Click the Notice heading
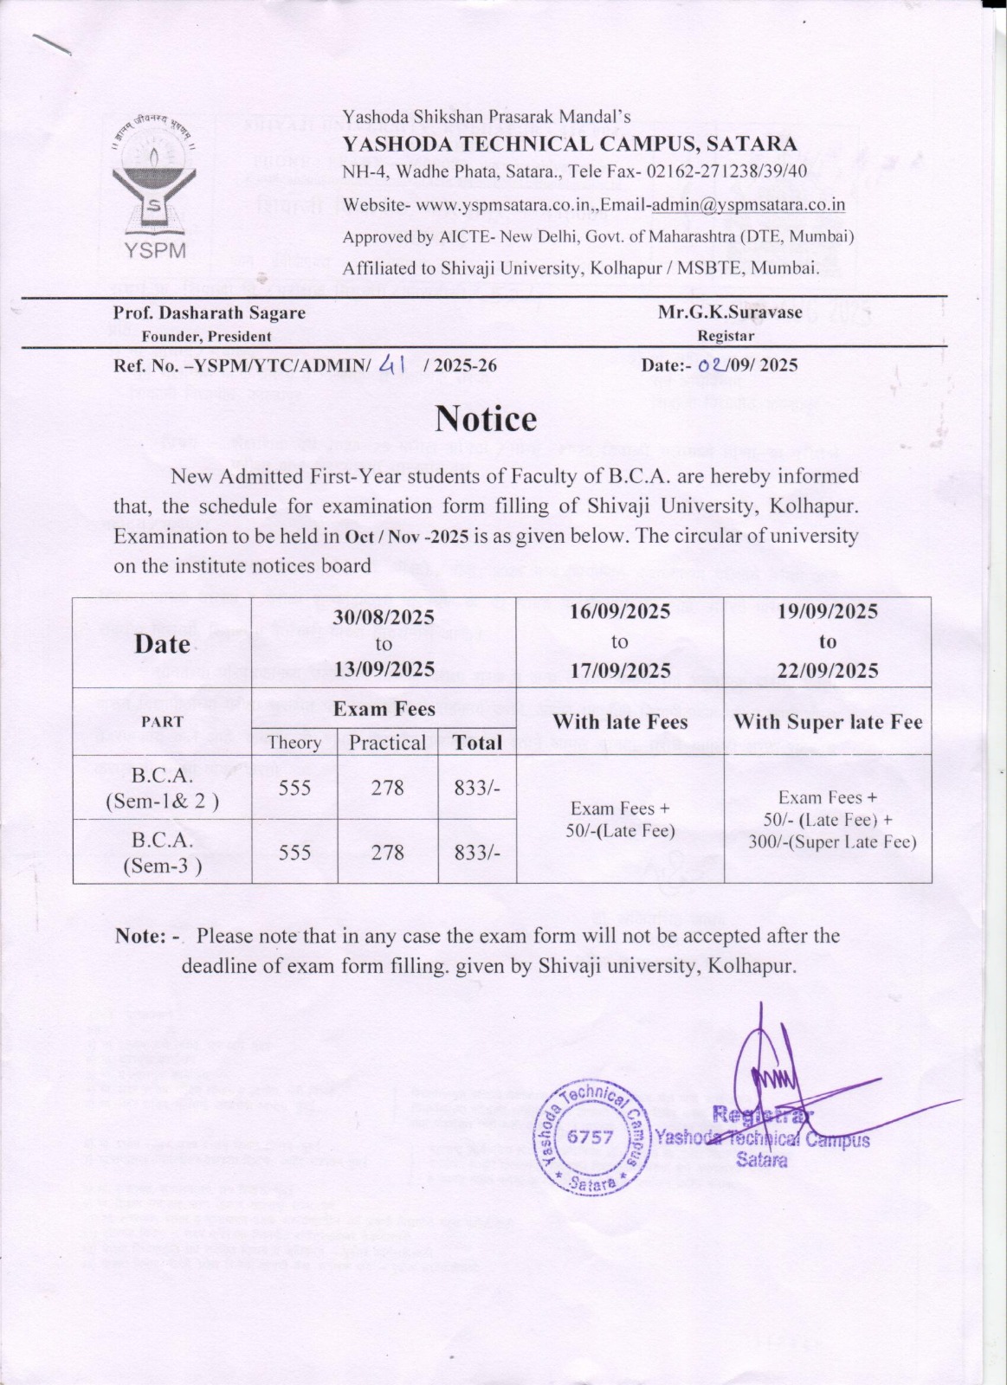[x=486, y=419]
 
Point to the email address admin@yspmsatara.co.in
[x=748, y=205]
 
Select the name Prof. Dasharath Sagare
[x=209, y=313]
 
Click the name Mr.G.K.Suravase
[x=729, y=312]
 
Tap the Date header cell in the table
[x=162, y=643]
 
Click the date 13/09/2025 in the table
[x=384, y=669]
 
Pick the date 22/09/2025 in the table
[x=827, y=671]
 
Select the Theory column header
[x=294, y=742]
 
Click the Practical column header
[x=387, y=742]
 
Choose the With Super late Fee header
[x=828, y=722]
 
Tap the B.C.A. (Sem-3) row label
[x=162, y=852]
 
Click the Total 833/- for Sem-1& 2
[x=477, y=788]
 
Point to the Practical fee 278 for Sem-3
[x=387, y=853]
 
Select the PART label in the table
[x=162, y=722]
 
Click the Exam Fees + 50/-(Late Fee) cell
[x=620, y=820]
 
